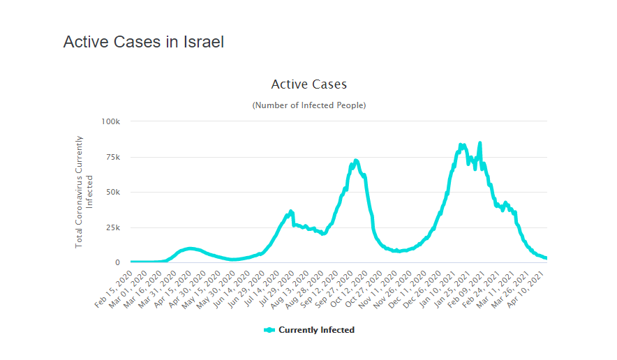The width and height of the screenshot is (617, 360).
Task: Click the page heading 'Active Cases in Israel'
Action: pyautogui.click(x=143, y=42)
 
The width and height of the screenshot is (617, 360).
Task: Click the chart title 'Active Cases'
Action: pyautogui.click(x=308, y=84)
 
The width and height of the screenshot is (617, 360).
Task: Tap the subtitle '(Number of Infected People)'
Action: pyautogui.click(x=308, y=105)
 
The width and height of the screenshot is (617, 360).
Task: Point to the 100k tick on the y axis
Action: pyautogui.click(x=111, y=121)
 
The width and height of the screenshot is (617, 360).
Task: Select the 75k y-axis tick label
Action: pyautogui.click(x=112, y=157)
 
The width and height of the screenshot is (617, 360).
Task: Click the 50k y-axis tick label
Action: pyautogui.click(x=112, y=193)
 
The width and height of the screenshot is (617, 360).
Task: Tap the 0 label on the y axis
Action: pyautogui.click(x=117, y=263)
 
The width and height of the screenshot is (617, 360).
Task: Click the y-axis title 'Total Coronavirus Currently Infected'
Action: pyautogui.click(x=84, y=192)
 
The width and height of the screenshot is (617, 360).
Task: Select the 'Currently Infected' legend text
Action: pyautogui.click(x=316, y=330)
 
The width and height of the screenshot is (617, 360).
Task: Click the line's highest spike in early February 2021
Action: pyautogui.click(x=480, y=143)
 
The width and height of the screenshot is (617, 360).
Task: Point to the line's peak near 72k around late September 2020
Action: pyautogui.click(x=356, y=160)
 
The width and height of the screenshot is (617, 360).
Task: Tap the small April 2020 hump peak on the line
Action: pyautogui.click(x=191, y=248)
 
